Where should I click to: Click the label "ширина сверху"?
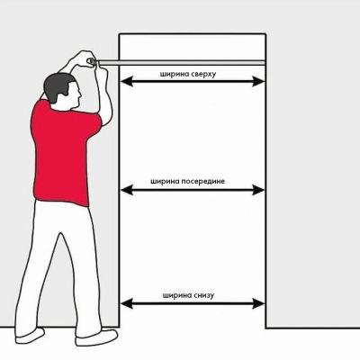click(x=188, y=74)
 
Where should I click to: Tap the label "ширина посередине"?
click(x=187, y=182)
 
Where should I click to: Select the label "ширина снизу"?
click(x=188, y=295)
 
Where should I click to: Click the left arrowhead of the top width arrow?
click(x=126, y=81)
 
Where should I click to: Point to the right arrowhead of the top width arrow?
click(x=258, y=81)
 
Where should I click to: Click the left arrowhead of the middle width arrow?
click(x=126, y=190)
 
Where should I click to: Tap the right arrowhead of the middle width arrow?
click(x=258, y=190)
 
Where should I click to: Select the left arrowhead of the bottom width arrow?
click(x=126, y=303)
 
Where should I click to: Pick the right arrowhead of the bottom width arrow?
click(x=258, y=303)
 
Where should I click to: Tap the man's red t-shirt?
click(x=65, y=153)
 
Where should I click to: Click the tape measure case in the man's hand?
click(x=91, y=61)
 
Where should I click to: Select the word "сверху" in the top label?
click(x=203, y=74)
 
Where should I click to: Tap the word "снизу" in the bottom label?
click(x=203, y=295)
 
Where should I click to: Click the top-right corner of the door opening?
click(x=265, y=34)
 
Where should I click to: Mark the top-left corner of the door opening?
click(x=120, y=34)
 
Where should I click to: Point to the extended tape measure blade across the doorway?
click(x=181, y=62)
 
